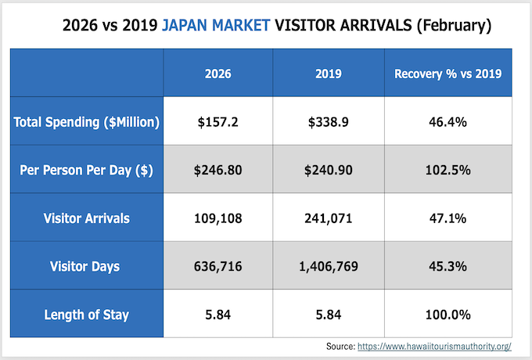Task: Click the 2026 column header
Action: coord(222,74)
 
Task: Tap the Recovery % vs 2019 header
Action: coord(448,74)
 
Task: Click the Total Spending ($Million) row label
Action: coord(88,121)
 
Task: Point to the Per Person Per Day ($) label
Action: coord(88,170)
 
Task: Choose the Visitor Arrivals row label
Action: coord(88,218)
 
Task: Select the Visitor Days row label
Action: coord(88,267)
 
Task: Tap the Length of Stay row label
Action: coord(88,315)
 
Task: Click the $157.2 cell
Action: coord(222,121)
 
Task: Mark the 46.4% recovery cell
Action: coord(448,121)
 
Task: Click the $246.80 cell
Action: coord(222,170)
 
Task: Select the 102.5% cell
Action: coord(448,170)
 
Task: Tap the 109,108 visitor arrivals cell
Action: coord(222,218)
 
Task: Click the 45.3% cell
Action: coord(448,267)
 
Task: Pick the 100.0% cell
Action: coord(448,315)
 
